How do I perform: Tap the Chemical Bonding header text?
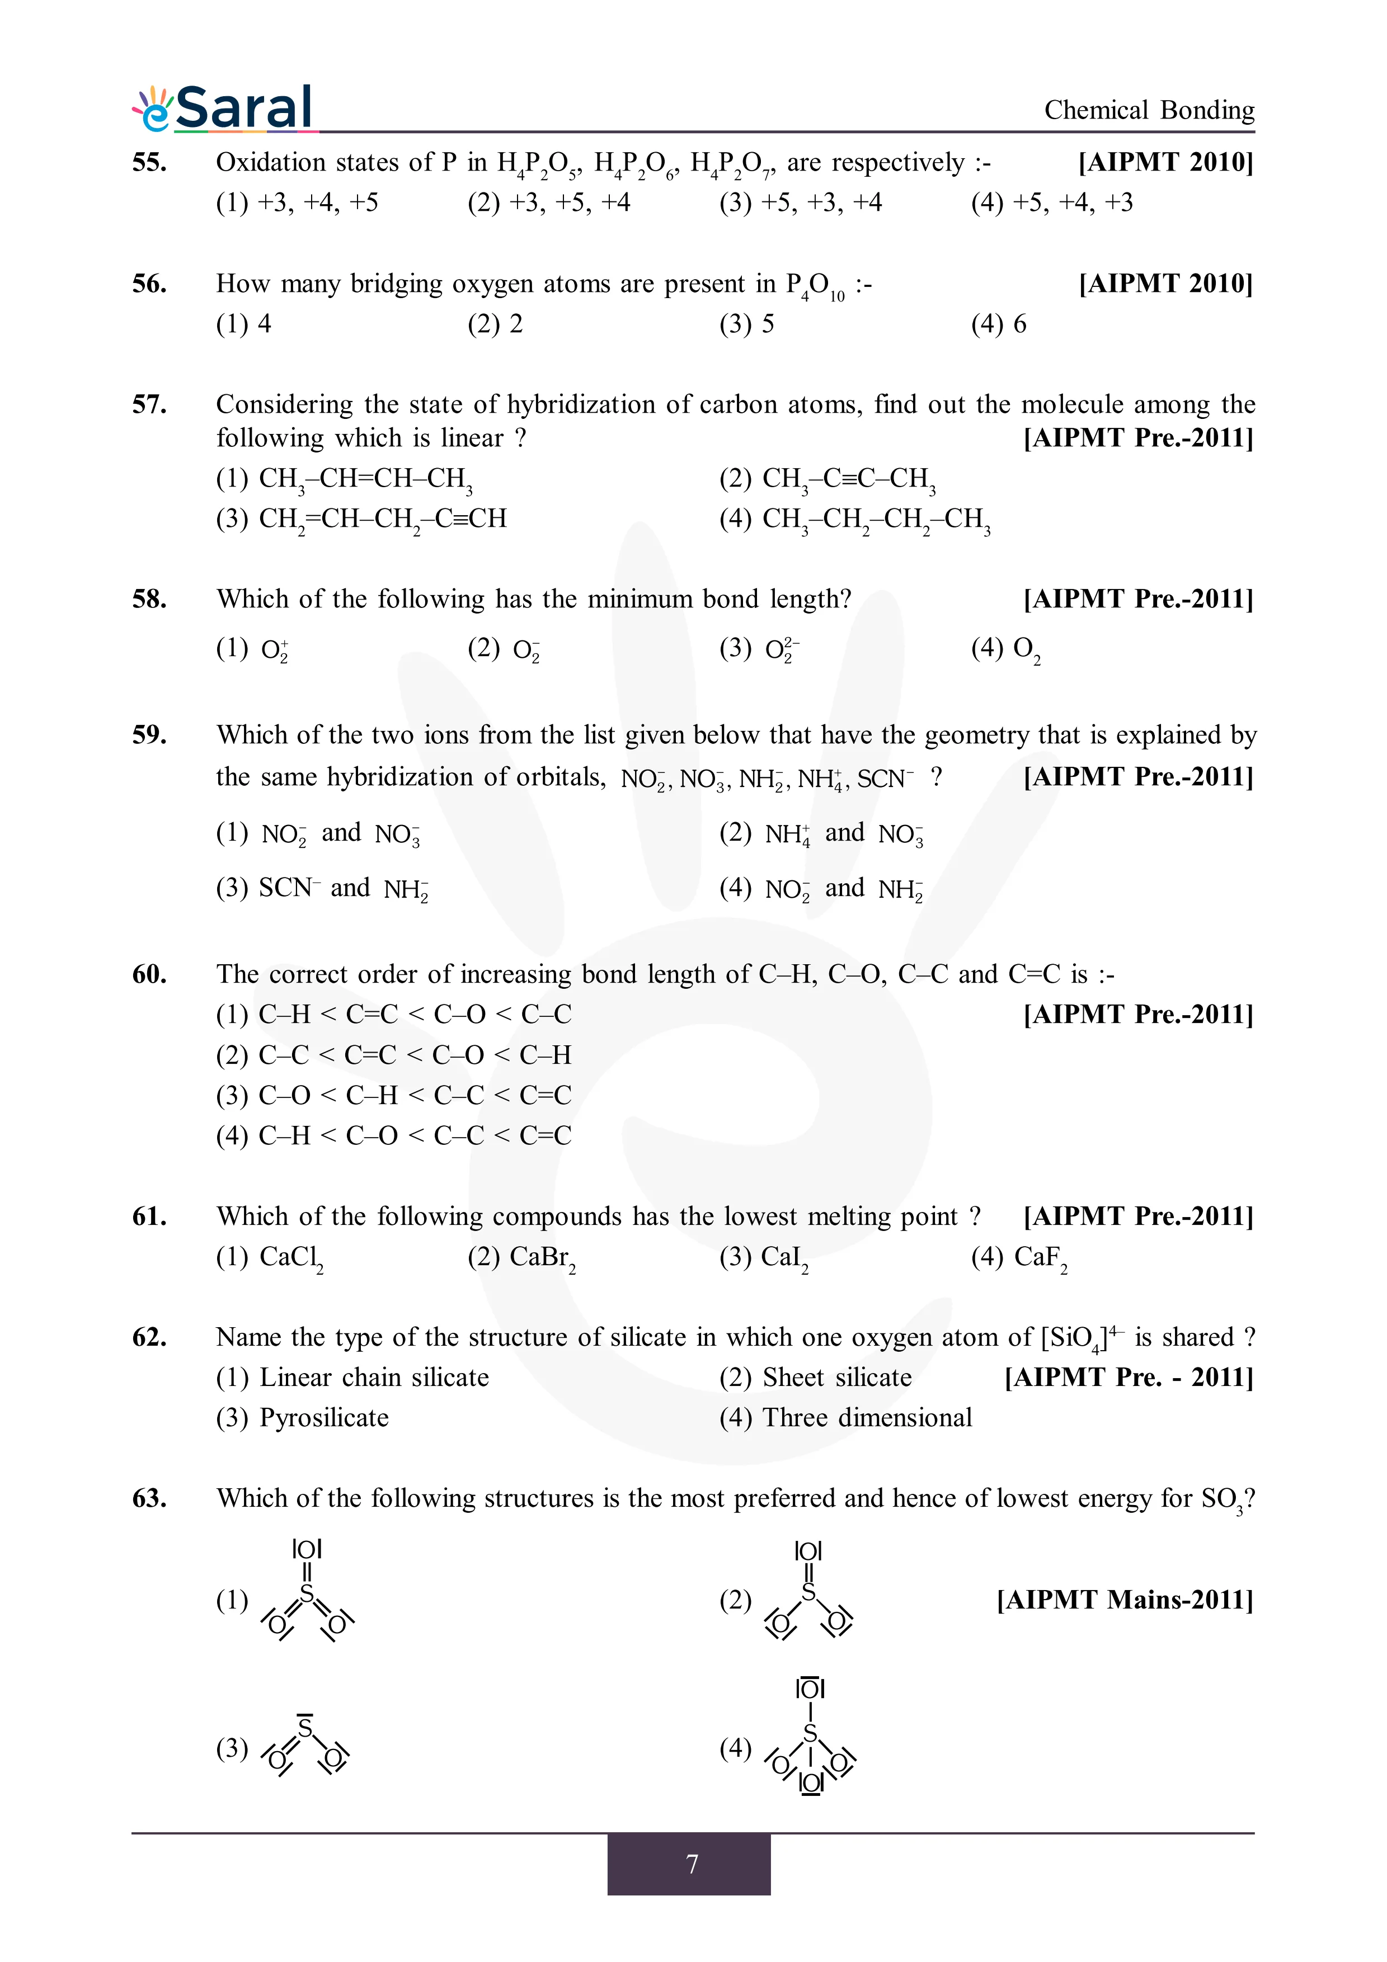pyautogui.click(x=1149, y=110)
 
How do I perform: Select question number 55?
pyautogui.click(x=149, y=162)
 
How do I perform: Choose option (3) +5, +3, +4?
pyautogui.click(x=800, y=202)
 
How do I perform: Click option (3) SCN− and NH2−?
pyautogui.click(x=322, y=889)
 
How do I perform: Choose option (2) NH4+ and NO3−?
pyautogui.click(x=821, y=833)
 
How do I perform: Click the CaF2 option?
pyautogui.click(x=1019, y=1257)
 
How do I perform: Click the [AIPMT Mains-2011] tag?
pyautogui.click(x=1125, y=1600)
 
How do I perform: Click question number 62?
pyautogui.click(x=149, y=1337)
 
